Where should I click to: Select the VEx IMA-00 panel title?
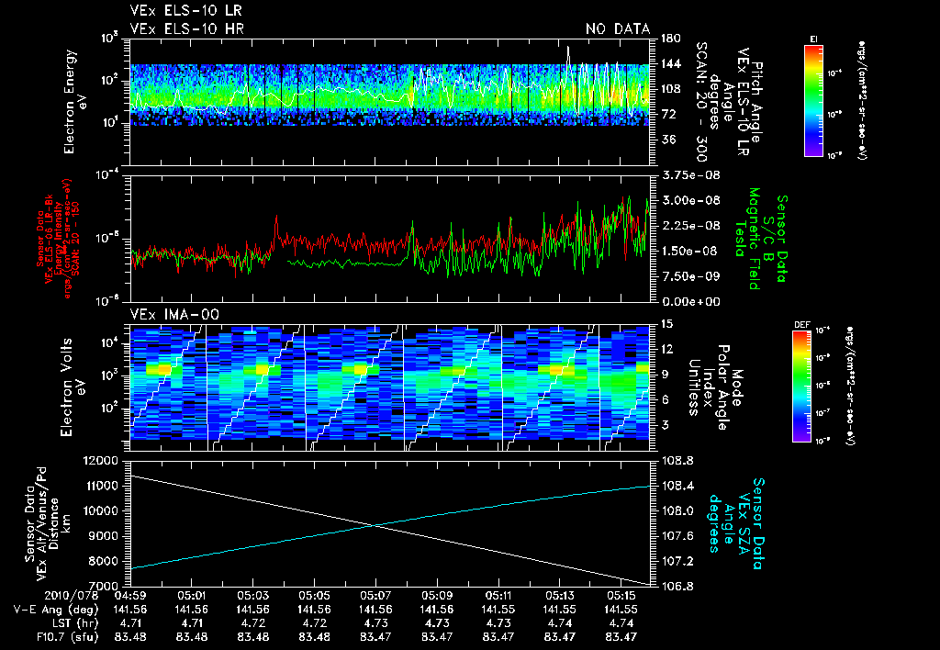(168, 314)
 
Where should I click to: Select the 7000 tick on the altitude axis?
(106, 586)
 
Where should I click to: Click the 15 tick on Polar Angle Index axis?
(665, 324)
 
